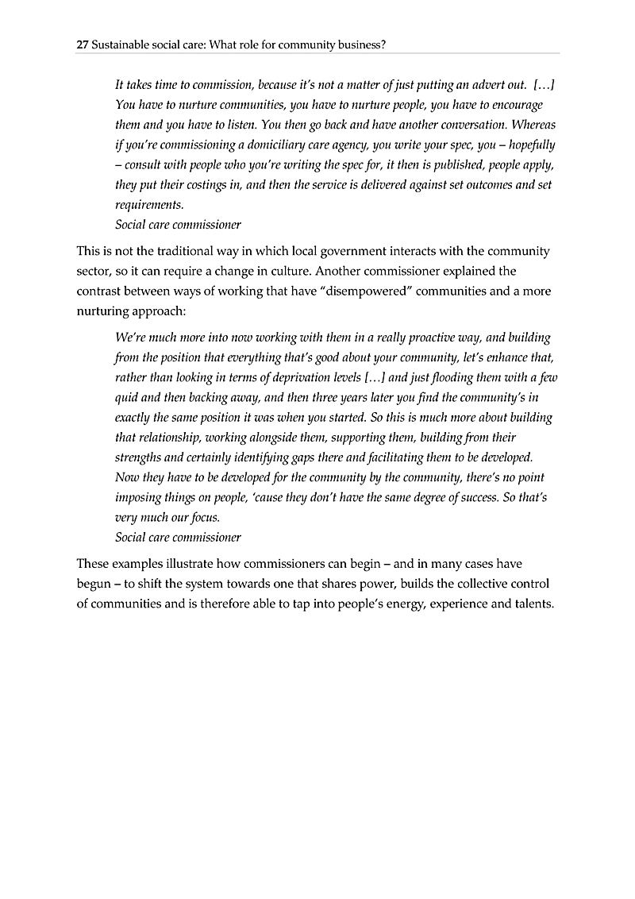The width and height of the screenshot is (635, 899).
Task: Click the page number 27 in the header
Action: [x=82, y=45]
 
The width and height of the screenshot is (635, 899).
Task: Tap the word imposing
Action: [x=140, y=497]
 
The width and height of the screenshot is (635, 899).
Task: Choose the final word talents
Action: [x=532, y=604]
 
